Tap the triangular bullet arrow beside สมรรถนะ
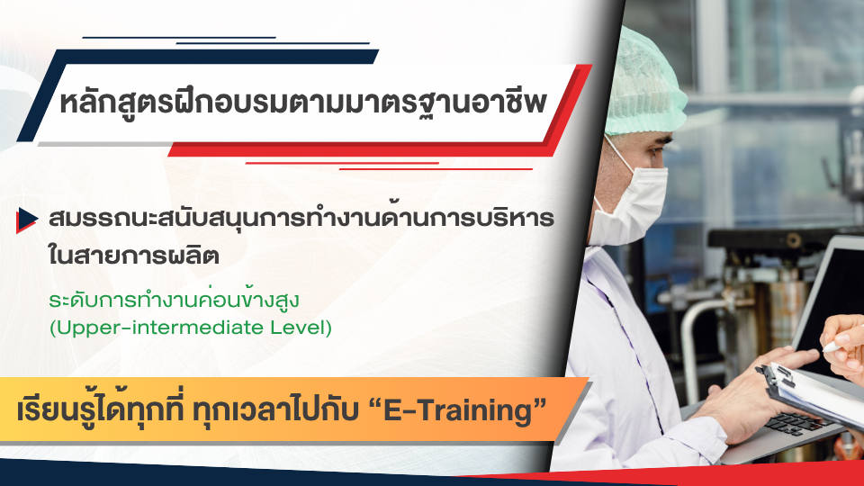point(26,220)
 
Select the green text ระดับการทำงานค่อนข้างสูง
point(174,300)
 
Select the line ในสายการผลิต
point(134,254)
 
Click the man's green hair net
point(644,83)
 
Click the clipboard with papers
point(811,391)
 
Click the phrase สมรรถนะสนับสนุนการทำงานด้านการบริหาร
point(301,217)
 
